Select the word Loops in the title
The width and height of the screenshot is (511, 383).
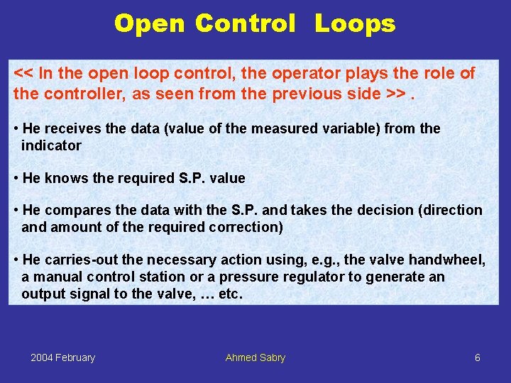click(x=355, y=23)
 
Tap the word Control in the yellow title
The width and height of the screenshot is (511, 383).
click(x=245, y=23)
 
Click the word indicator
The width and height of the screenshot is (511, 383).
click(x=51, y=145)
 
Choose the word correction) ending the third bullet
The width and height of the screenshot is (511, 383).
click(x=246, y=227)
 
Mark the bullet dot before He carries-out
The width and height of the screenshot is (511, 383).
click(x=16, y=260)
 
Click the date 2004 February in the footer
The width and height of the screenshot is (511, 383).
click(x=62, y=357)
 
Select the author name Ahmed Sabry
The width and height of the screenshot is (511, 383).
click(x=255, y=357)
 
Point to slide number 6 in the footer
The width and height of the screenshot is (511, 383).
click(x=477, y=357)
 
